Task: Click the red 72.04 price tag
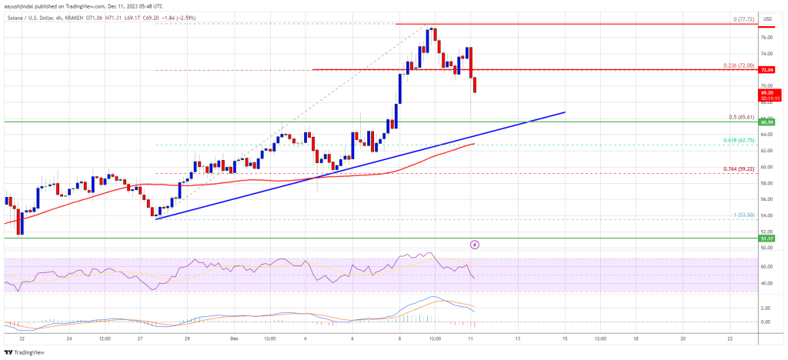click(x=767, y=69)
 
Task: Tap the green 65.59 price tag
click(x=767, y=122)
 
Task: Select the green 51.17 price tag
click(x=767, y=239)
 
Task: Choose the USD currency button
click(x=767, y=18)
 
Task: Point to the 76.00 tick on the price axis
click(x=766, y=37)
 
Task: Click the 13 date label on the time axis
click(x=518, y=338)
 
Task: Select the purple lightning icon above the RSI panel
click(x=475, y=245)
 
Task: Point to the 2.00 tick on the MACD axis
click(x=766, y=308)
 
